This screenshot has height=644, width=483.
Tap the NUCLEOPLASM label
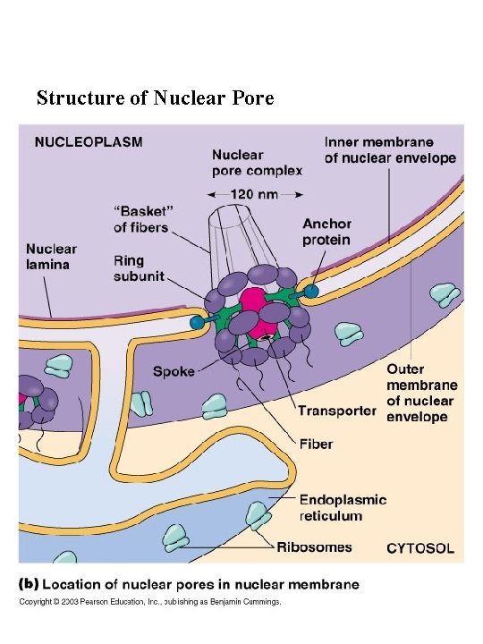(89, 141)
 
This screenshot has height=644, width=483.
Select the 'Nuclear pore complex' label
(257, 162)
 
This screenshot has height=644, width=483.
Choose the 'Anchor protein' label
(326, 233)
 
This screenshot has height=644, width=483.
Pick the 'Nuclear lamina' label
(51, 257)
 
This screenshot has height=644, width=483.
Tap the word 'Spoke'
(174, 370)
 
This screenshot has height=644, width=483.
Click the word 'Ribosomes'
(314, 547)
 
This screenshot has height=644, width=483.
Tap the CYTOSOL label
(419, 547)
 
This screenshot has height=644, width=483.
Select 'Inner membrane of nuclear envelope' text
(390, 149)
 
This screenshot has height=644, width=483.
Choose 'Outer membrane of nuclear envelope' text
(420, 393)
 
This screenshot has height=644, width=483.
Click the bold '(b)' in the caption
(30, 584)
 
